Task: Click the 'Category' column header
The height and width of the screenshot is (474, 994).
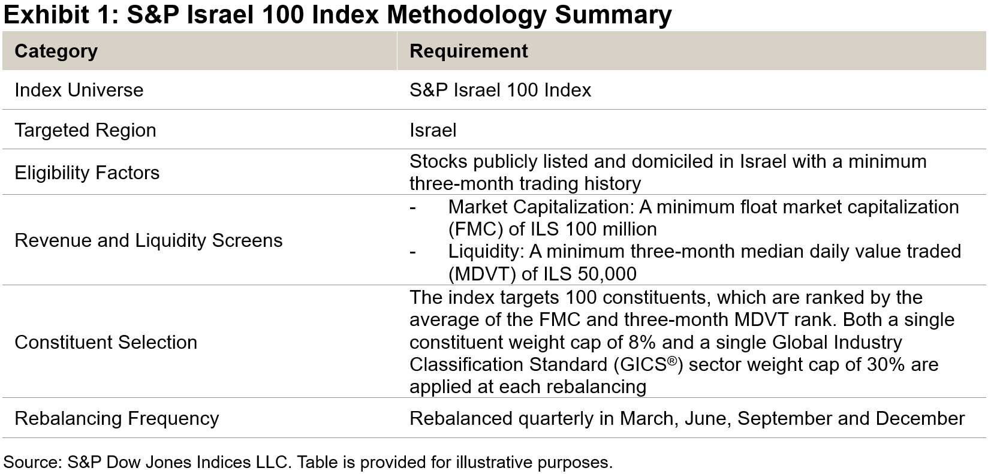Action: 56,52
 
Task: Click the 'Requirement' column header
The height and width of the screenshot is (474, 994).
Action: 468,52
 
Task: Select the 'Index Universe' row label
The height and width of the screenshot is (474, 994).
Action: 79,90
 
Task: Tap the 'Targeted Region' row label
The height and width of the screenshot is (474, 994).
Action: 85,131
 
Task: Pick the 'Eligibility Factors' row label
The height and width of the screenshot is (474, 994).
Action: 87,173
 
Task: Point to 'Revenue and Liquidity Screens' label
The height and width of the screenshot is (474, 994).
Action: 148,241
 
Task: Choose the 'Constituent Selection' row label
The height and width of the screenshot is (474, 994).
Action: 106,343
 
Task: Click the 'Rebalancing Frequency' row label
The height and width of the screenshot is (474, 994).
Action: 116,418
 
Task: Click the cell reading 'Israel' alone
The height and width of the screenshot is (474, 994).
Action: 432,131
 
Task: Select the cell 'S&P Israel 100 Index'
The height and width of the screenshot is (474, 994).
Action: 500,90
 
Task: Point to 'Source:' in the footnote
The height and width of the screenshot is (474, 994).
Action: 32,463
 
